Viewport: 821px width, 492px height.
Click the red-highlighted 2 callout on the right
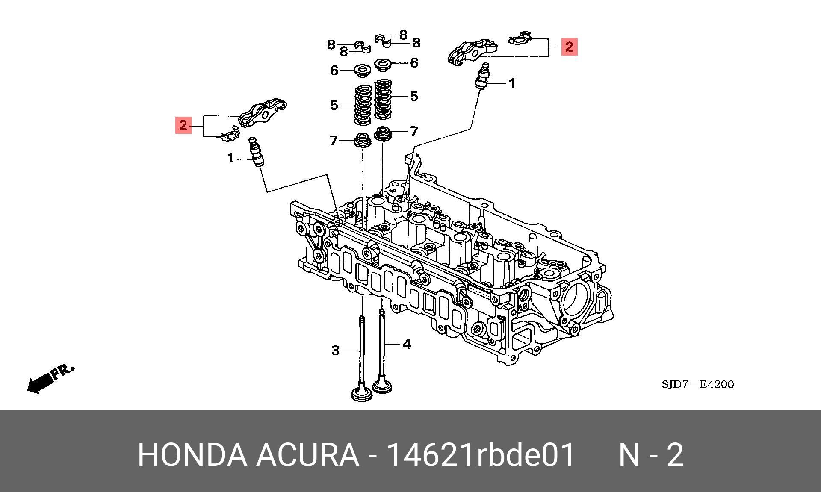(x=569, y=47)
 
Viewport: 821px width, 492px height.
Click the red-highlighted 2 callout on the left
(x=183, y=125)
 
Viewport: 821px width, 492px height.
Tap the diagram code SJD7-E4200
(x=697, y=384)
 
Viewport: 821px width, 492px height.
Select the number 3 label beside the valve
(x=336, y=351)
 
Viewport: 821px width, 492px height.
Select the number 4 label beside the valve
(x=406, y=344)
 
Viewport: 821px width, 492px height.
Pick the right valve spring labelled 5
(x=384, y=99)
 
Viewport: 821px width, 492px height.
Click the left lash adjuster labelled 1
(x=257, y=153)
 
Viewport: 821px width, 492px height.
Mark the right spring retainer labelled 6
(x=384, y=65)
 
